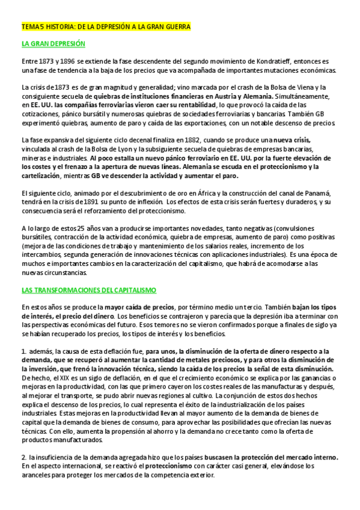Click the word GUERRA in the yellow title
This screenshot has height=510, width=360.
tap(175, 27)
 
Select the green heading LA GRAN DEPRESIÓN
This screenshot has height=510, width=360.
tap(53, 44)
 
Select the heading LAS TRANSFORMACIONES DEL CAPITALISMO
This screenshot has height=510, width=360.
tap(88, 290)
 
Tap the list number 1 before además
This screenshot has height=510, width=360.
tap(23, 351)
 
